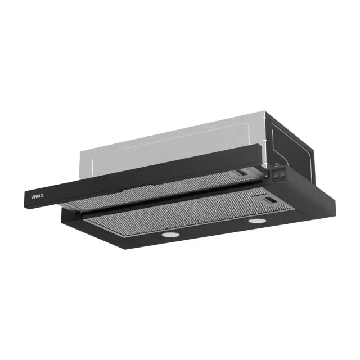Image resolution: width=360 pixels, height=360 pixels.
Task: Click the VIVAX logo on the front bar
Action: tap(37, 196)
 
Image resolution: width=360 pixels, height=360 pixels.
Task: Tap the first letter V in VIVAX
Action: tap(33, 197)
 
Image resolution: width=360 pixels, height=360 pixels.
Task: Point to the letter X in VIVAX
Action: tap(42, 196)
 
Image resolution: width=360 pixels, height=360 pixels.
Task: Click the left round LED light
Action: tap(170, 235)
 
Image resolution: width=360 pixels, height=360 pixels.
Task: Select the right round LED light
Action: tap(258, 221)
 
